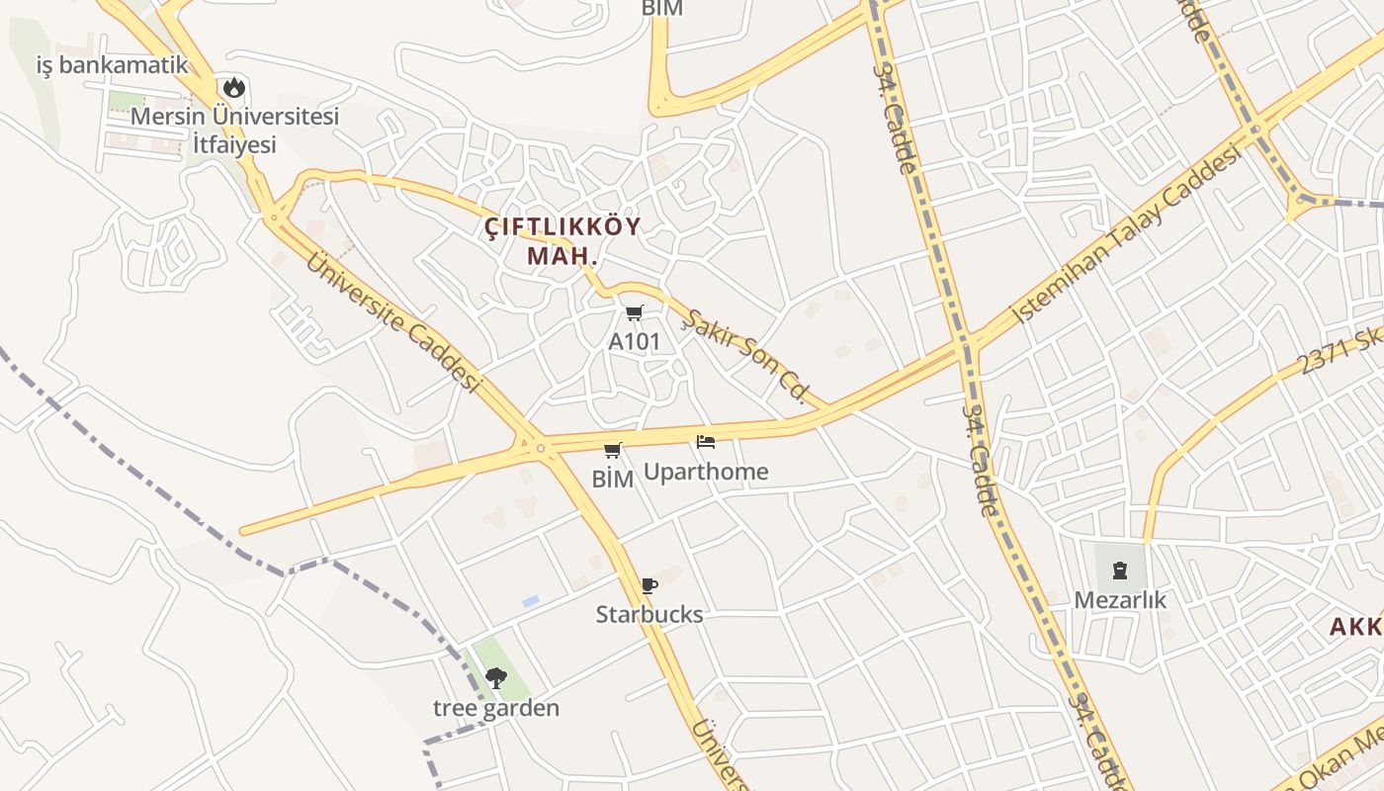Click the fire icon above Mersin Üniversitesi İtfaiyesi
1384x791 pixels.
tap(234, 87)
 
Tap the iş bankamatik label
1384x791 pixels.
tap(112, 65)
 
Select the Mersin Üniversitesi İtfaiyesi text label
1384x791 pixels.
tap(235, 130)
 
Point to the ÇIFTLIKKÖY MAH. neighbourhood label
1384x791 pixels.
tap(563, 240)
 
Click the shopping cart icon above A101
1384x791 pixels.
tap(635, 313)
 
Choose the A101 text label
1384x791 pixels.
tap(635, 342)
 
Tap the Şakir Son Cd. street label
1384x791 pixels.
tap(747, 357)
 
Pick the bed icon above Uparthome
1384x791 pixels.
tap(706, 442)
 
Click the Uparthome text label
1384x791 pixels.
tap(706, 472)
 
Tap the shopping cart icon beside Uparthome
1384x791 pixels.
tap(613, 451)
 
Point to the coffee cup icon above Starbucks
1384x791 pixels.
tap(649, 585)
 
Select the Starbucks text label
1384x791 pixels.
tap(649, 614)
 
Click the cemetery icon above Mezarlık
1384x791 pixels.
tap(1120, 571)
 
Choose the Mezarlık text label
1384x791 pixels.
tap(1121, 600)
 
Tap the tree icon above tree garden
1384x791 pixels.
tap(496, 678)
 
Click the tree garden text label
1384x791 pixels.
tap(496, 708)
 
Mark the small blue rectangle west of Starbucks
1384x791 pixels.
tap(531, 601)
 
